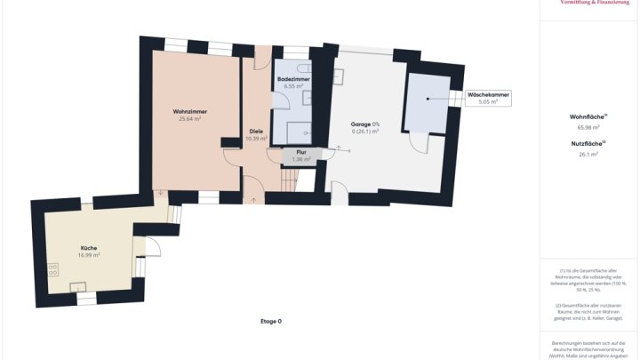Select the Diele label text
click(x=256, y=132)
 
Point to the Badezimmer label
click(x=292, y=79)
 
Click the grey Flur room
click(x=300, y=156)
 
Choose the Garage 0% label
click(x=364, y=124)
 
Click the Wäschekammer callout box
click(x=487, y=99)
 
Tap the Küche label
click(x=88, y=248)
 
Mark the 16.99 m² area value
click(x=88, y=255)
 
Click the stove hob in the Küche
click(x=53, y=266)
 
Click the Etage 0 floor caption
click(x=270, y=321)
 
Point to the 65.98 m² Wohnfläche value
click(x=588, y=127)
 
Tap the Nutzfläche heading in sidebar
click(x=588, y=143)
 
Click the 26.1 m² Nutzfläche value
click(x=588, y=154)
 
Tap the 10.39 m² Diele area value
click(x=256, y=139)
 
